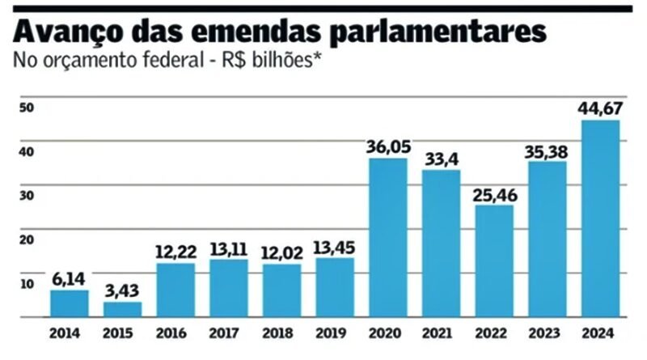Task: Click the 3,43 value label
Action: pyautogui.click(x=122, y=290)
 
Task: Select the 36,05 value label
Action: pyautogui.click(x=387, y=146)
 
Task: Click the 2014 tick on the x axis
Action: pyautogui.click(x=70, y=332)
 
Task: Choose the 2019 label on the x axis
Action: pyautogui.click(x=335, y=332)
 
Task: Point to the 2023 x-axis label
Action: pyautogui.click(x=547, y=332)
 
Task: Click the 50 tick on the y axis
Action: pyautogui.click(x=26, y=108)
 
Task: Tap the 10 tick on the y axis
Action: pyautogui.click(x=26, y=283)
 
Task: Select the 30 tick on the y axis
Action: pyautogui.click(x=26, y=196)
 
